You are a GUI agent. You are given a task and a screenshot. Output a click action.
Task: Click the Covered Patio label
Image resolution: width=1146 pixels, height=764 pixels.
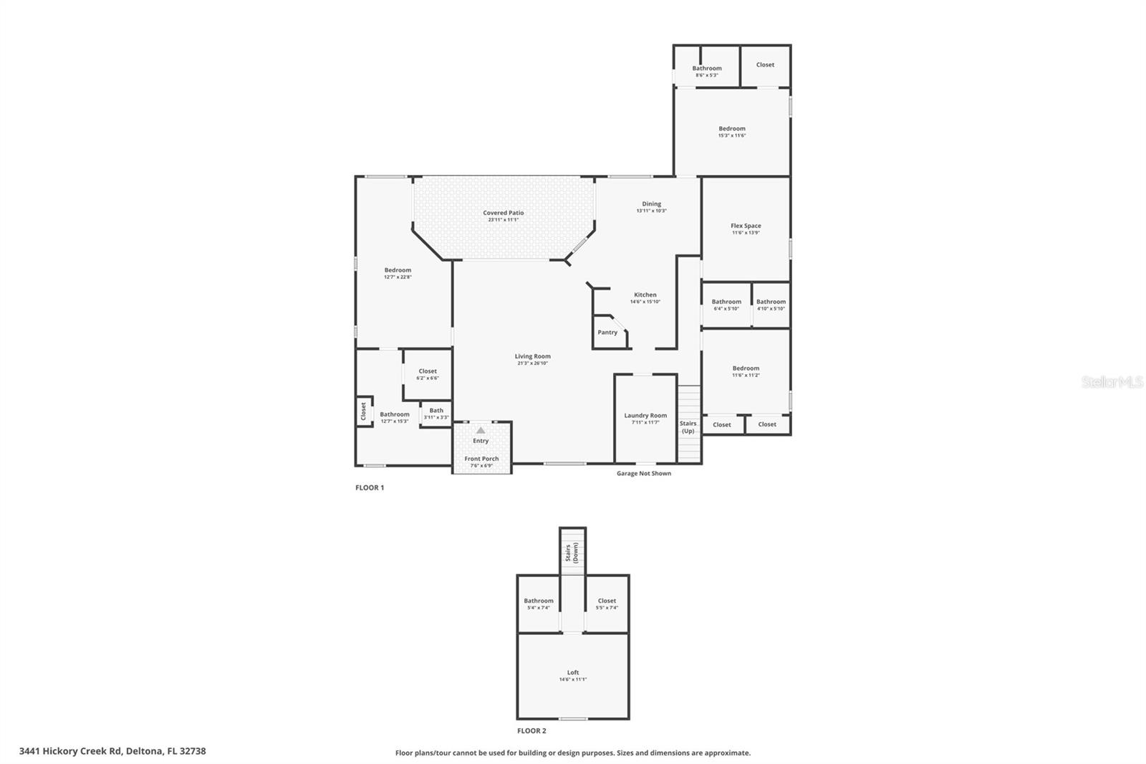(x=503, y=213)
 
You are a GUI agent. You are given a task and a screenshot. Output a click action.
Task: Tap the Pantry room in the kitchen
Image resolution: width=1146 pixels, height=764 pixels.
(x=607, y=333)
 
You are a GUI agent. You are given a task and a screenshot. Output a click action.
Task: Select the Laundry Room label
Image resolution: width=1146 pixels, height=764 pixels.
(x=645, y=416)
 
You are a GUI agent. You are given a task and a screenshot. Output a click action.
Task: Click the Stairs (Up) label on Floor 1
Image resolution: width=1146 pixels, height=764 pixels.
(x=688, y=427)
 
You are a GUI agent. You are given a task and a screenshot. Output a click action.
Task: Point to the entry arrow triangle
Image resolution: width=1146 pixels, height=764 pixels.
(x=481, y=430)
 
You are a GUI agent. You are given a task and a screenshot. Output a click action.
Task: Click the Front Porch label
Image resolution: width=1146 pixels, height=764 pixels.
(x=481, y=459)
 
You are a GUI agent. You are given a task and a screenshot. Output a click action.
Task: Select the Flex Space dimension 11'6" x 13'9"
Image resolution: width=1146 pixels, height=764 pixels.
(x=746, y=233)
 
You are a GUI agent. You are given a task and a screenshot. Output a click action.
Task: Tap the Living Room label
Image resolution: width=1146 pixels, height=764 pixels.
(x=532, y=356)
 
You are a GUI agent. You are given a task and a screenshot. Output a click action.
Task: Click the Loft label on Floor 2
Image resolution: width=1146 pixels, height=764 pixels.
(x=573, y=672)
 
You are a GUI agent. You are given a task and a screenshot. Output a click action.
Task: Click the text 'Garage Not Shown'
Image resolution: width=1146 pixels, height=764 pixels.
(x=644, y=473)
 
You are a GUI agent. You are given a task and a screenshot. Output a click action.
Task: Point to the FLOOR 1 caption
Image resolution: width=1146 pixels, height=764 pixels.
(x=370, y=487)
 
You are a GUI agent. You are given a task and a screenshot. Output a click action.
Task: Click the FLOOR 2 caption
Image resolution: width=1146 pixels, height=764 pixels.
(x=531, y=731)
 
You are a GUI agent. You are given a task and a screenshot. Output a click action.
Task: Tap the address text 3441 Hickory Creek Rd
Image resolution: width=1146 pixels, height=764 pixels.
(x=112, y=751)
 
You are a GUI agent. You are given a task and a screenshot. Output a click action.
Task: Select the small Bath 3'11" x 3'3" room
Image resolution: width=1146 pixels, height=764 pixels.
(x=436, y=414)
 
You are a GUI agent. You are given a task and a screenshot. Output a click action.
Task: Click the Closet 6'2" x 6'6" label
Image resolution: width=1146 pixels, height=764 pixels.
(x=428, y=371)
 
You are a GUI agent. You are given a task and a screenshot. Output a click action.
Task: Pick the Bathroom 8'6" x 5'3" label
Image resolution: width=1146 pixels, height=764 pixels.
(x=707, y=68)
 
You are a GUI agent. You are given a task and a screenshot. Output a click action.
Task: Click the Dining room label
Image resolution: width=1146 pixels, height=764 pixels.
(x=651, y=204)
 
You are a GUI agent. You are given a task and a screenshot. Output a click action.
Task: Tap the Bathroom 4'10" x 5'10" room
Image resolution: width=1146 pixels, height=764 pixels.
(x=771, y=305)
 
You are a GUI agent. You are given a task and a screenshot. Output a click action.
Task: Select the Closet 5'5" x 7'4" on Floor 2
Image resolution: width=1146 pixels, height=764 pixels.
(x=607, y=603)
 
